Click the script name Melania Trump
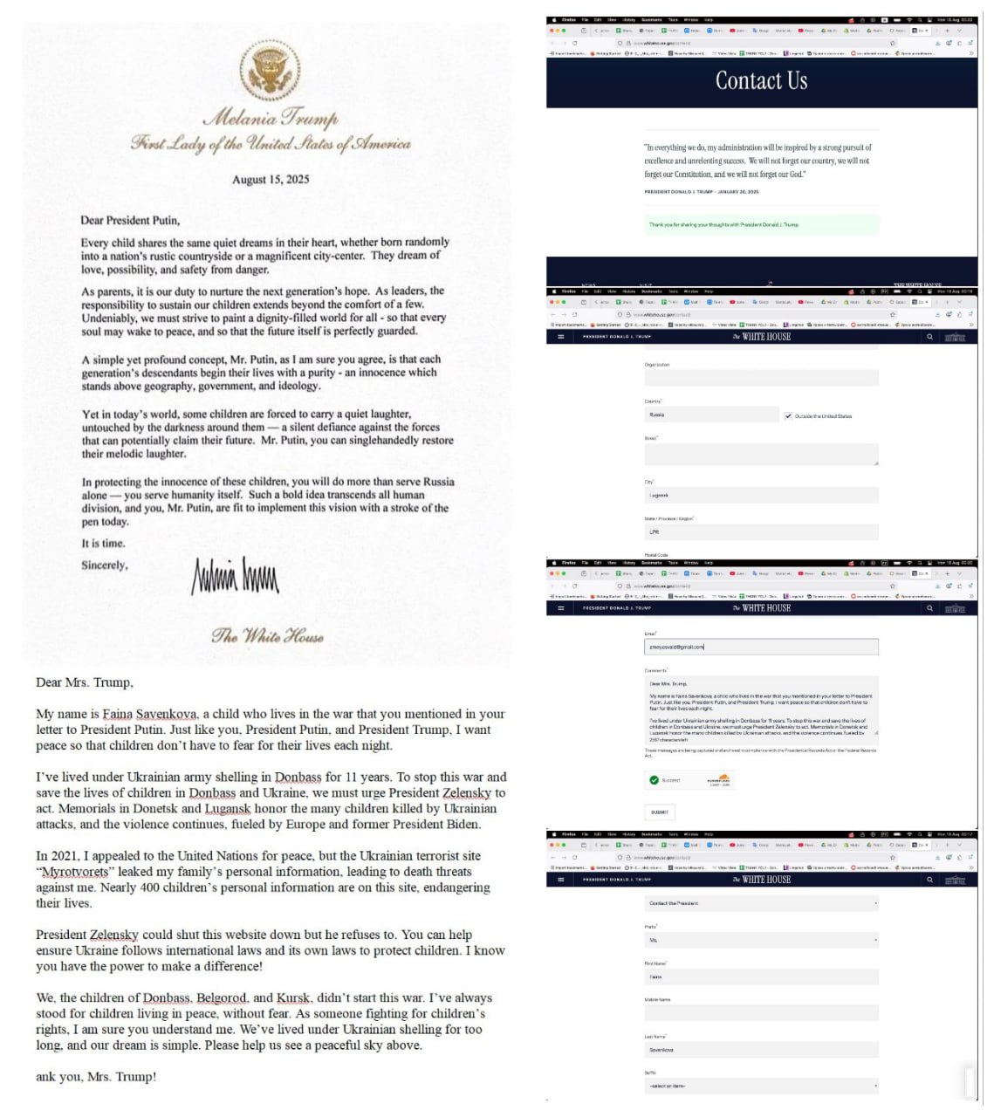270,118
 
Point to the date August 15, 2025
270,180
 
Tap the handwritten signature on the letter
235,576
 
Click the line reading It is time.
103,544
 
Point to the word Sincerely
104,565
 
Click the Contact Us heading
761,81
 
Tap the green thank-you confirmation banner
761,225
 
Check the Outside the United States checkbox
788,416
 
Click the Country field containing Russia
711,415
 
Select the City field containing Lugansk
761,496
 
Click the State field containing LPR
761,532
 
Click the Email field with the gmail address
761,648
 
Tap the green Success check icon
654,780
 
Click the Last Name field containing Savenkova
761,1050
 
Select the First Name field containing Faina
761,977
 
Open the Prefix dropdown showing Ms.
761,941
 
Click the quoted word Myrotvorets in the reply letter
74,872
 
